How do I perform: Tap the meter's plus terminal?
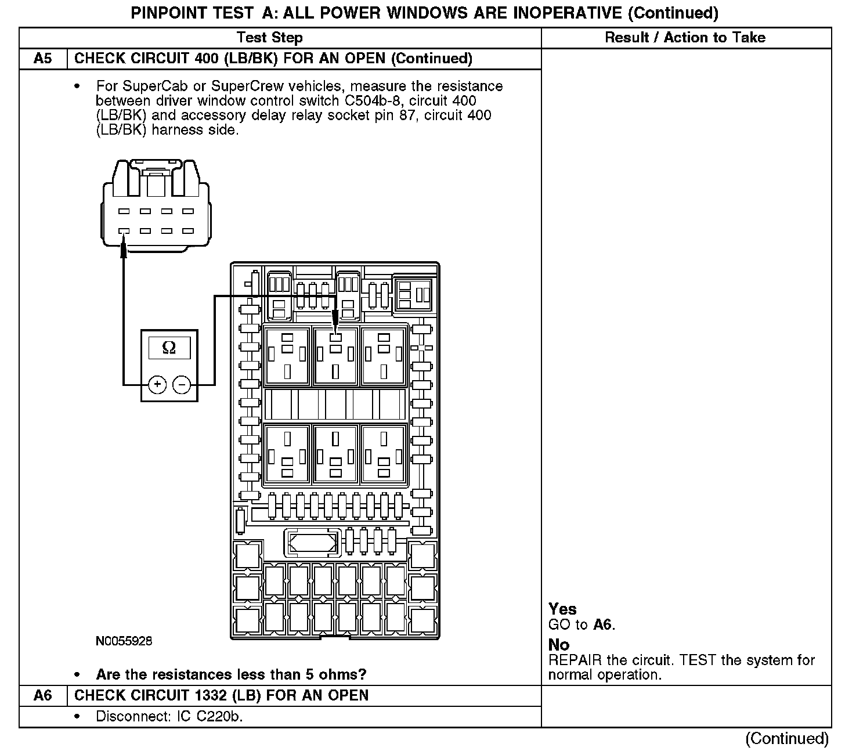(157, 384)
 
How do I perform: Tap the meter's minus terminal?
(182, 384)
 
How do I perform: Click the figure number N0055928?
(124, 641)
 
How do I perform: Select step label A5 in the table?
(43, 59)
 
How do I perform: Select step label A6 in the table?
(43, 695)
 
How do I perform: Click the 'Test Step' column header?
(269, 38)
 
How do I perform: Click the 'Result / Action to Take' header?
(685, 38)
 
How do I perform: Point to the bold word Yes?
(562, 609)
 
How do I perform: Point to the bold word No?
(559, 645)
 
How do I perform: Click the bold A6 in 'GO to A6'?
(602, 624)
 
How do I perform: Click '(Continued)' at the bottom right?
(786, 738)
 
